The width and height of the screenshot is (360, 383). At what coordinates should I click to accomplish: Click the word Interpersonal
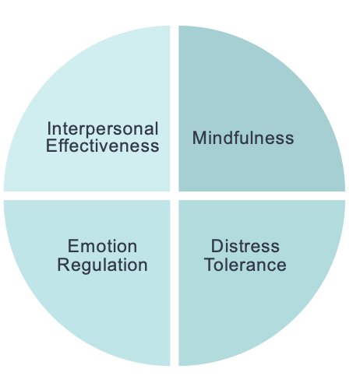point(102,128)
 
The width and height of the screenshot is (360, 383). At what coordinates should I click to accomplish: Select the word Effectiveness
point(102,146)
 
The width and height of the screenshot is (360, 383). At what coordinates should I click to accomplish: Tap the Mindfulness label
point(243,139)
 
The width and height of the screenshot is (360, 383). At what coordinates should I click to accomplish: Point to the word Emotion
point(102,247)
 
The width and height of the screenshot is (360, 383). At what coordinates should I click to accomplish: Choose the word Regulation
point(102,265)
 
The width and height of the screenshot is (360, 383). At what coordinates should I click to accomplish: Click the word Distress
point(245,247)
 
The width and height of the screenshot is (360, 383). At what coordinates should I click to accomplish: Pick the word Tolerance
point(245,265)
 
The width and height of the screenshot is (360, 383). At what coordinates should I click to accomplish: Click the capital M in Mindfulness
point(199,139)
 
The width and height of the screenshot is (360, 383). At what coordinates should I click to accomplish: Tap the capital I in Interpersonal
point(49,128)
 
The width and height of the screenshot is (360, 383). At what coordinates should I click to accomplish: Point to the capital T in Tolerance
point(209,265)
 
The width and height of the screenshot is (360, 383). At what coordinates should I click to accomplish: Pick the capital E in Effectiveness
point(51,146)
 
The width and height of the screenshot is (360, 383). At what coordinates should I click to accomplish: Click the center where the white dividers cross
point(175,195)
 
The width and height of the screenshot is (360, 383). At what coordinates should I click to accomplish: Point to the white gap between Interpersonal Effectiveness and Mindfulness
point(175,109)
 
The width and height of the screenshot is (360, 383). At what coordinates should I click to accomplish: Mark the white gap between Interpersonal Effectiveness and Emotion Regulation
point(86,195)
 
